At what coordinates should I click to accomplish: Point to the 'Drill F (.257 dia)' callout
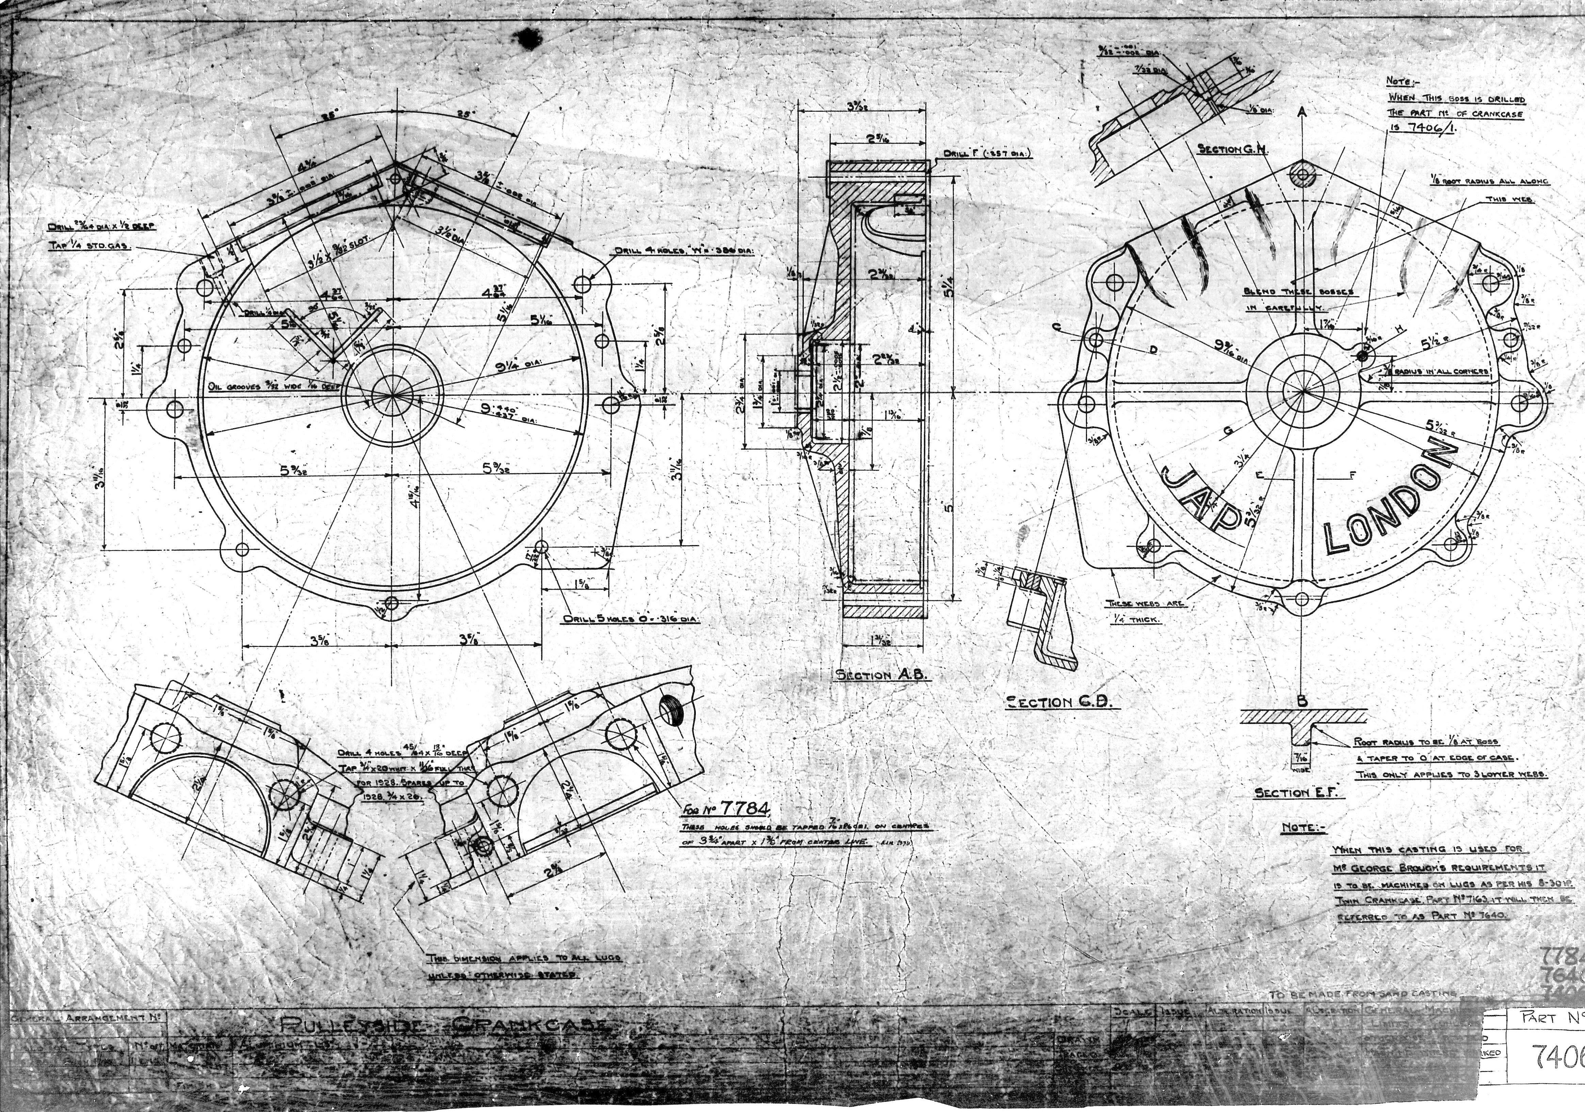987,154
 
